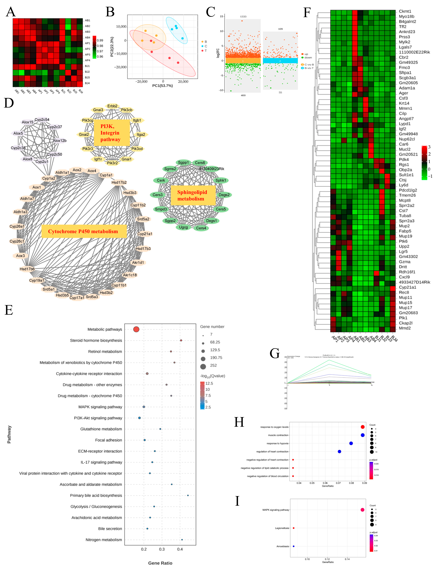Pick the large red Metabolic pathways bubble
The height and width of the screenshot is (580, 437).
(x=136, y=329)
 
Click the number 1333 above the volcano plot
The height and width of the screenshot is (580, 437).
(x=243, y=16)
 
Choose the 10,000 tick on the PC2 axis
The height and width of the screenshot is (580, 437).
(x=121, y=27)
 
